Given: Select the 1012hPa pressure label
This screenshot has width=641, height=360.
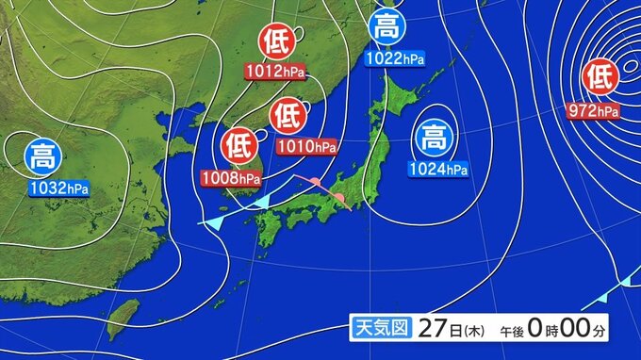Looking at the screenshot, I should tap(274, 70).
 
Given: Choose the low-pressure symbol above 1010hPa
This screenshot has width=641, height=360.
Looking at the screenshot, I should tap(287, 116).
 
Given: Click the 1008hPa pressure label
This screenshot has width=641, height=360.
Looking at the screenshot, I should tap(232, 177).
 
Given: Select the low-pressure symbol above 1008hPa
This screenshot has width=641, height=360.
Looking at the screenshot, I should tap(239, 147).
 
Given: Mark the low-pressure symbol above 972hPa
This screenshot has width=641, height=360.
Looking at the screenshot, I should tap(600, 77).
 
